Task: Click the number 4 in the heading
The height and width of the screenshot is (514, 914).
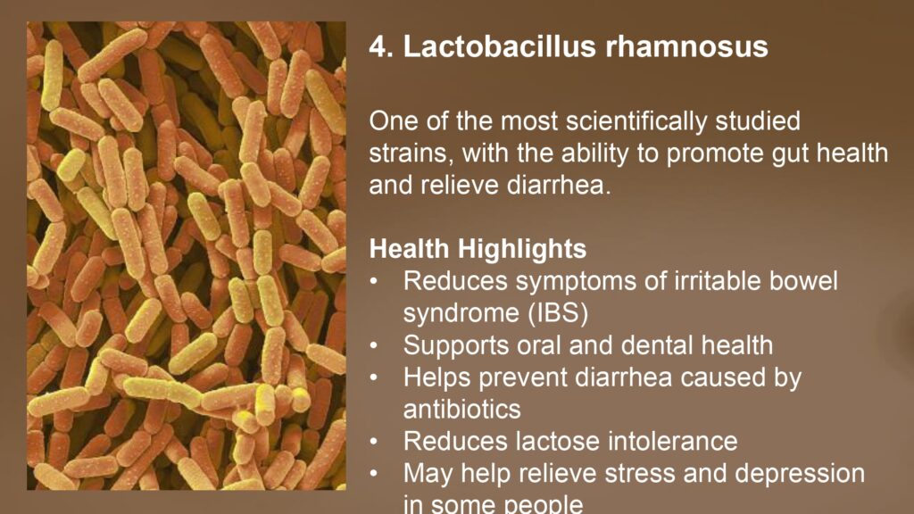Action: click(x=378, y=46)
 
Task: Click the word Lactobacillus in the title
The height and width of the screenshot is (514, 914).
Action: click(x=499, y=46)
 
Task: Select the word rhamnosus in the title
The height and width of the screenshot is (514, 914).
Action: click(x=686, y=46)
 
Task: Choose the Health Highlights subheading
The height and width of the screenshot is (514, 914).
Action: click(x=478, y=250)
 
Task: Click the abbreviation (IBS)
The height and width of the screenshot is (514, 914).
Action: click(x=559, y=313)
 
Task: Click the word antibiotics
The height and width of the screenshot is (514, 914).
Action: click(x=461, y=409)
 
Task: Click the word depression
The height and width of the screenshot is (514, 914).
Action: click(x=799, y=474)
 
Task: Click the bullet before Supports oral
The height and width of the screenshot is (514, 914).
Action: click(x=374, y=346)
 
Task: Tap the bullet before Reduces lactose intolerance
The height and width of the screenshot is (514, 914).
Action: click(x=374, y=443)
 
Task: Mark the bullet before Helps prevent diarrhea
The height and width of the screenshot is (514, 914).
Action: click(x=374, y=378)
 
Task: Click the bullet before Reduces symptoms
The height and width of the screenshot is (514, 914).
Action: click(x=374, y=282)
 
